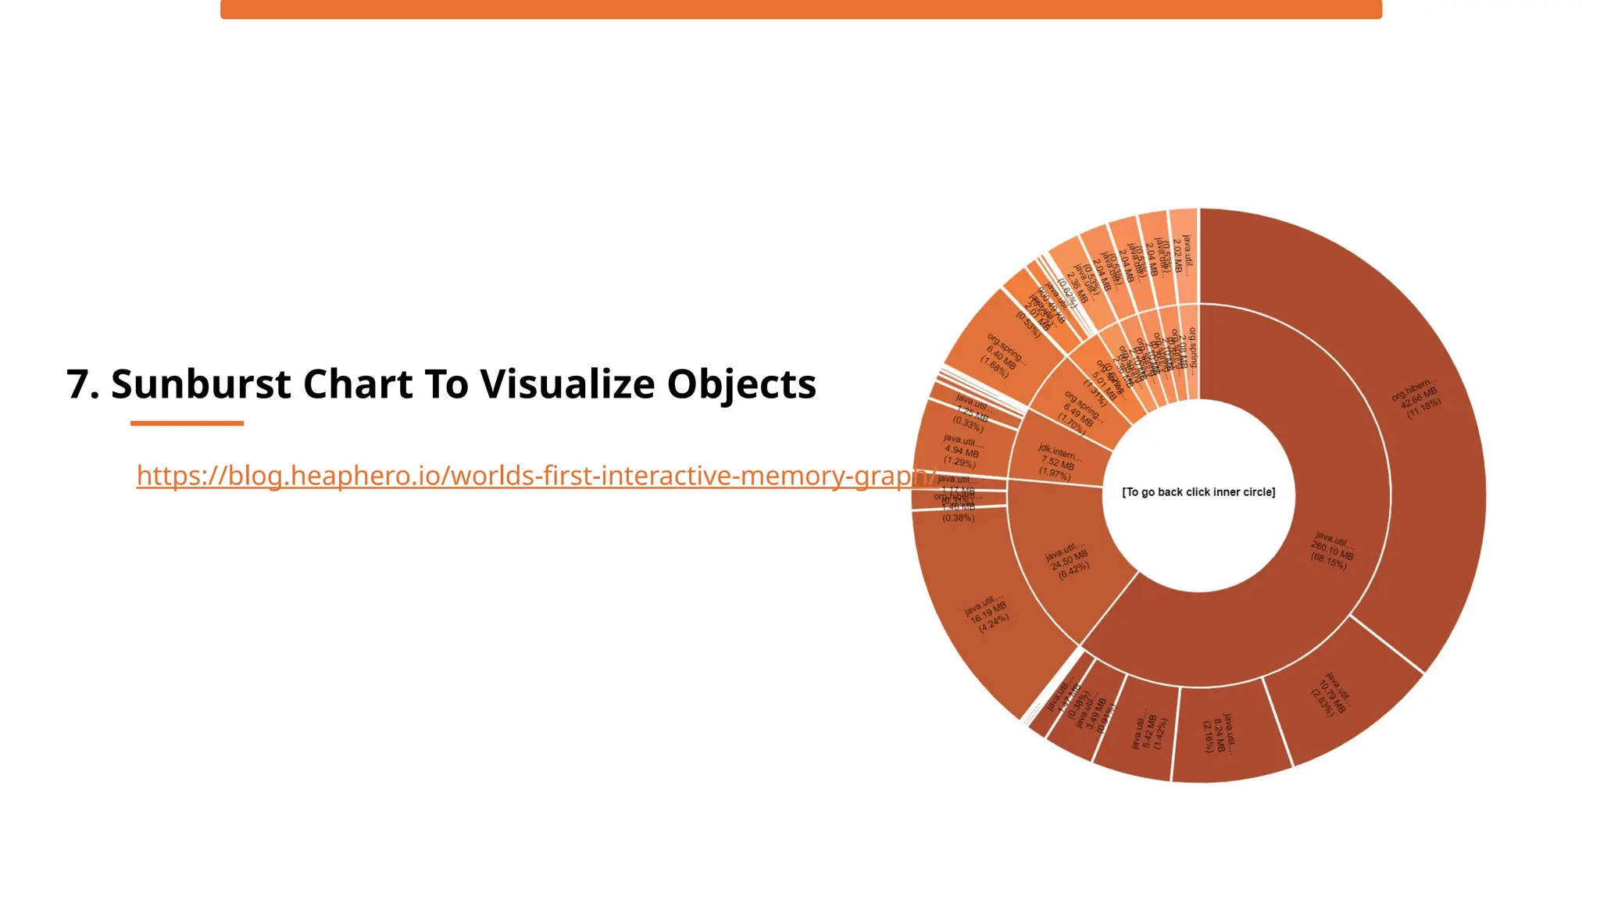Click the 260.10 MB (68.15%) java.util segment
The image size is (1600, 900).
click(x=1331, y=551)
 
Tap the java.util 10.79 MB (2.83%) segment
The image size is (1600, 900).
click(x=1333, y=694)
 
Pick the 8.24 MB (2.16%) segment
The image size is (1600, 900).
click(x=1219, y=734)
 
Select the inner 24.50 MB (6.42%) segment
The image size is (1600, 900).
click(x=1069, y=559)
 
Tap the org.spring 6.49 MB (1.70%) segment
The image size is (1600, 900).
click(x=1081, y=411)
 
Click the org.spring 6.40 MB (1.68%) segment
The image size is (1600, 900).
click(x=1003, y=356)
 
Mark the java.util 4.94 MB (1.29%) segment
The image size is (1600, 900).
click(x=961, y=451)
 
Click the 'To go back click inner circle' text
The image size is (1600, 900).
click(x=1198, y=492)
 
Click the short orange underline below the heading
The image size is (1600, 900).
click(x=187, y=423)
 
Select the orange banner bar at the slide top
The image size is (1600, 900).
click(x=801, y=9)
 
